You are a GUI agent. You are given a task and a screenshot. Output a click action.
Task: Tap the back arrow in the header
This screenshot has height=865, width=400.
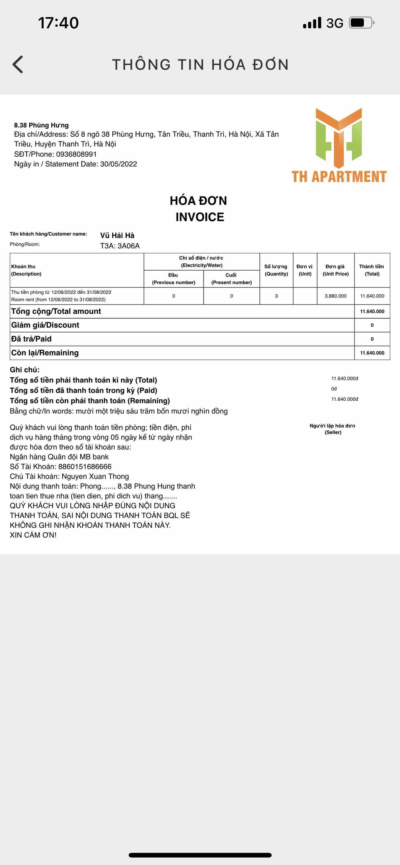(x=18, y=64)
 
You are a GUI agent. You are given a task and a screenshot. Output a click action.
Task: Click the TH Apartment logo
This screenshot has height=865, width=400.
(x=339, y=145)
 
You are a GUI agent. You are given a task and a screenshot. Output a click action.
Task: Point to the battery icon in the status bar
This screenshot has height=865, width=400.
(x=361, y=23)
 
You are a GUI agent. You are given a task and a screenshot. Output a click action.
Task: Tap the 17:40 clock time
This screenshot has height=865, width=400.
(x=59, y=23)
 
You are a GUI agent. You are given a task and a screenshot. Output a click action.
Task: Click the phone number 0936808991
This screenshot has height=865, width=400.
(x=76, y=154)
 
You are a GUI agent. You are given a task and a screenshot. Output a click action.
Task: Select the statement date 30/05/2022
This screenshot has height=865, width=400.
(x=119, y=164)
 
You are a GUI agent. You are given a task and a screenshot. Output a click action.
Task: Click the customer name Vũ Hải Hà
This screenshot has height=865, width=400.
(x=117, y=235)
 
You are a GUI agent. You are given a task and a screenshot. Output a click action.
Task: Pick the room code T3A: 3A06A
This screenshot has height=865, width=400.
(x=120, y=246)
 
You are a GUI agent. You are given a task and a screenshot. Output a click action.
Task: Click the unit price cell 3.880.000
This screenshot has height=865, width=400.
(x=336, y=296)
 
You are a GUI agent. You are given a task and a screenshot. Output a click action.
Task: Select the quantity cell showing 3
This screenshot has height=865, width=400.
(x=276, y=296)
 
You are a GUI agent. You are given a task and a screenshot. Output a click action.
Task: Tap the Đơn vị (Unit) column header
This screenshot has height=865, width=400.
(x=305, y=270)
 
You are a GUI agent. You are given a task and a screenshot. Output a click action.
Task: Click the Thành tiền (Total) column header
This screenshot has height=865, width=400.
(x=372, y=270)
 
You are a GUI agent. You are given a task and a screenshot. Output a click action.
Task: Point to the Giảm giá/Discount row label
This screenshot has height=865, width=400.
(x=45, y=325)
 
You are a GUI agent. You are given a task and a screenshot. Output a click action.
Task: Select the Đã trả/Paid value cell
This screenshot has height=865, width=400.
(x=372, y=339)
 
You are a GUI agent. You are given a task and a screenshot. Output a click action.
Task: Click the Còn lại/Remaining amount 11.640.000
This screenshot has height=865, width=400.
(x=372, y=353)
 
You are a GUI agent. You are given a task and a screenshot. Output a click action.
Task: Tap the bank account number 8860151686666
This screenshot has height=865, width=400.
(x=85, y=466)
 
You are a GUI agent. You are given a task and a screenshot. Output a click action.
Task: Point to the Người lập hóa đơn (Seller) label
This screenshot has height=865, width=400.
(x=332, y=429)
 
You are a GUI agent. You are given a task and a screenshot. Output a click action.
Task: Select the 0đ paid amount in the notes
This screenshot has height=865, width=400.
(x=334, y=389)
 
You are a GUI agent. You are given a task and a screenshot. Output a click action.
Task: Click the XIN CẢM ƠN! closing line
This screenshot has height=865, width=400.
(x=33, y=535)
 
